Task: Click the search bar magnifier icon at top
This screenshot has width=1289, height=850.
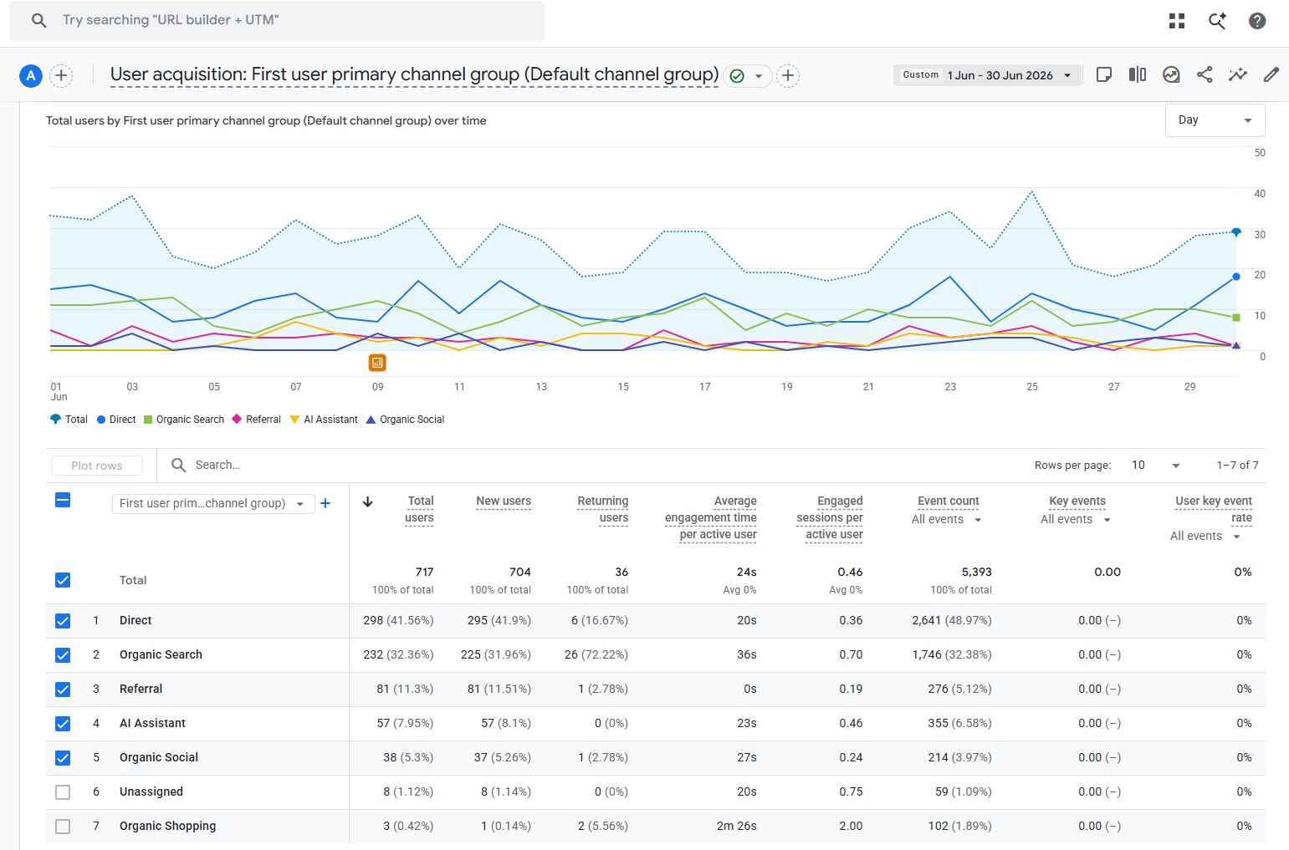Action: point(38,21)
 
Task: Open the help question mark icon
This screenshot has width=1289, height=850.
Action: point(1256,21)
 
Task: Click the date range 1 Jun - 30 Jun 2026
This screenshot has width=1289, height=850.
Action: point(1000,75)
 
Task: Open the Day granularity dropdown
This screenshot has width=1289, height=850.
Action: point(1215,120)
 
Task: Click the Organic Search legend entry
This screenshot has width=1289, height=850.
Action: point(183,420)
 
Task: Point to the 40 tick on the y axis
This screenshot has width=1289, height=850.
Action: point(1260,194)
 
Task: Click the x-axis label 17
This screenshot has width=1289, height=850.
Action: point(705,386)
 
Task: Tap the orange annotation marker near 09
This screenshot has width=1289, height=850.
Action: point(377,362)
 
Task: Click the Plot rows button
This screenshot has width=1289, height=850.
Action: point(97,466)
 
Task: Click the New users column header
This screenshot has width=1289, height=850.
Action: point(504,501)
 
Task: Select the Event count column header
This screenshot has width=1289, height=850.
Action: point(948,501)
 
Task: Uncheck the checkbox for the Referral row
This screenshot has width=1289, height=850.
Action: point(63,689)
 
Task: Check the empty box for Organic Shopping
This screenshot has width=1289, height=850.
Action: point(63,826)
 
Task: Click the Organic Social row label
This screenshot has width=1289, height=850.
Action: point(159,757)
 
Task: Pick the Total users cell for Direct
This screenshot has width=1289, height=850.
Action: point(398,620)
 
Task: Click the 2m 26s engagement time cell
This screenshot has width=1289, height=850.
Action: point(737,826)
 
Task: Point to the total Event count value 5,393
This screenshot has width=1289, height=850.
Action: point(976,573)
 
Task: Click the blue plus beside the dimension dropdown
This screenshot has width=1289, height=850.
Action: point(325,503)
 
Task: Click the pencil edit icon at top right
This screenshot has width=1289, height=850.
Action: point(1271,74)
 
